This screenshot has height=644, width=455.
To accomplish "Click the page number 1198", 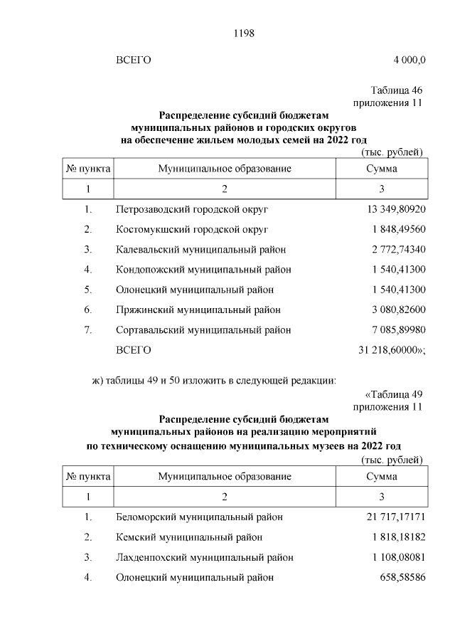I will coord(244,33).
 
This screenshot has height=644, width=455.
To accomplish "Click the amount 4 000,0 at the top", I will coord(408,60).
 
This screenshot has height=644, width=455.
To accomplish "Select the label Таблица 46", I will coord(397,91).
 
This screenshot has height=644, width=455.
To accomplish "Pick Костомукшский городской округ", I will coord(191,230).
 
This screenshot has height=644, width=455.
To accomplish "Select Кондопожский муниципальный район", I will coord(203,270).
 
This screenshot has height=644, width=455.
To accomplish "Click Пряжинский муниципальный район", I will coord(198,310).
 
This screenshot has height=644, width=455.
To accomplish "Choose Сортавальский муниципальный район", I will coord(203,330).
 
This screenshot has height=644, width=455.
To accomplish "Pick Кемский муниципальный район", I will coord(189,537).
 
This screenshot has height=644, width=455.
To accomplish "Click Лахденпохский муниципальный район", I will coord(204,557).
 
